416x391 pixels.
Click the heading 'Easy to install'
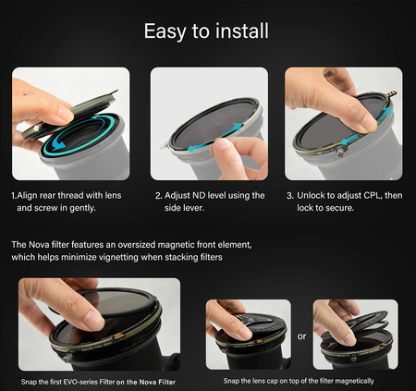(x=207, y=31)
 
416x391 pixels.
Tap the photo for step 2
(x=208, y=123)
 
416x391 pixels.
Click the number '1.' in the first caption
(x=14, y=196)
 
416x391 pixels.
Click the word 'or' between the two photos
(x=300, y=336)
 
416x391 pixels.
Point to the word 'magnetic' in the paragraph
(x=212, y=244)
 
